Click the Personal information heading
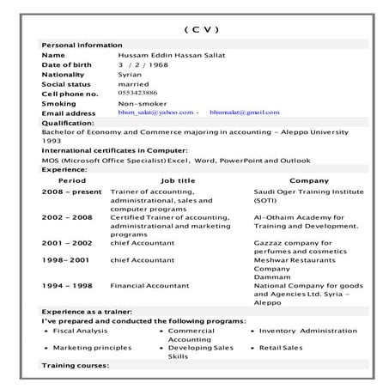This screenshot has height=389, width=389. click(82, 45)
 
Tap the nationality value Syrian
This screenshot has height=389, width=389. click(130, 75)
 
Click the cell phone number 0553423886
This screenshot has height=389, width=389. click(137, 93)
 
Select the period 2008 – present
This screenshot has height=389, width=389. click(72, 191)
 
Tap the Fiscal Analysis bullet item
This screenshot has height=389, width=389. click(81, 330)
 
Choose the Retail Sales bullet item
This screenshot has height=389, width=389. click(281, 348)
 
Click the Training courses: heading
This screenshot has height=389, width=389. click(76, 366)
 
